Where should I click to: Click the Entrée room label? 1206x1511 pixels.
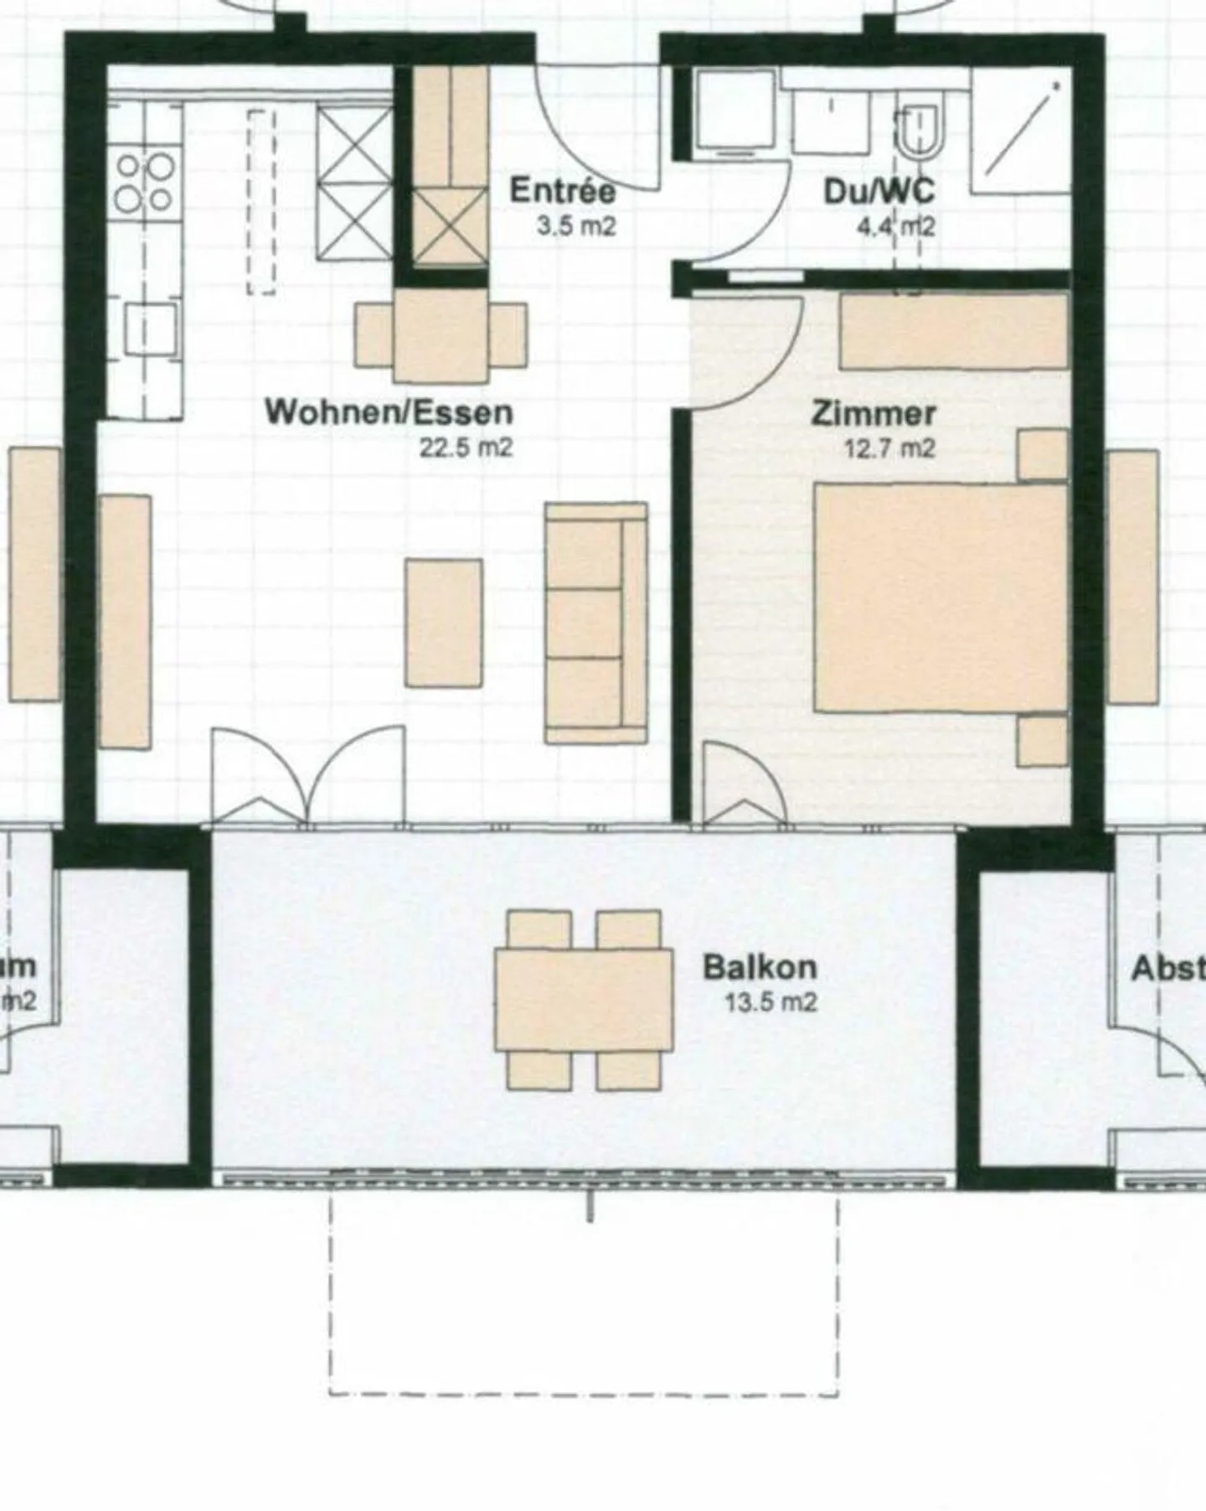[x=563, y=191]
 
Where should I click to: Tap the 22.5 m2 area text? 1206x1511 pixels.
[x=466, y=448]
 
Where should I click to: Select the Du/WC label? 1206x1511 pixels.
[x=879, y=191]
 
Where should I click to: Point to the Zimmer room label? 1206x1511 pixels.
[x=873, y=414]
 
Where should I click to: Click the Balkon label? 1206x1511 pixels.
[x=760, y=967]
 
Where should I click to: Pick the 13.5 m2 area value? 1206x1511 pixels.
[x=770, y=1002]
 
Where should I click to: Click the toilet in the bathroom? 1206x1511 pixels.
[x=920, y=132]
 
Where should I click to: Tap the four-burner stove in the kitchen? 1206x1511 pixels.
[x=145, y=184]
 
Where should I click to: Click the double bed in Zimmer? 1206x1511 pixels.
[x=941, y=598]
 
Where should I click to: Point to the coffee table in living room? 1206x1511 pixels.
[x=444, y=624]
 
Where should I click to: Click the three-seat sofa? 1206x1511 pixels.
[x=595, y=623]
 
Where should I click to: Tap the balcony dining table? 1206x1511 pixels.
[x=584, y=999]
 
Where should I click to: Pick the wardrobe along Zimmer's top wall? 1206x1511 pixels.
[x=954, y=331]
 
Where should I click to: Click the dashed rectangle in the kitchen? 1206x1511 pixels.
[x=261, y=201]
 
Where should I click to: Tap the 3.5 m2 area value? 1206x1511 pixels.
[x=576, y=226]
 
